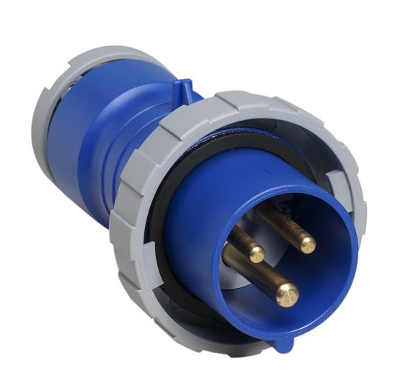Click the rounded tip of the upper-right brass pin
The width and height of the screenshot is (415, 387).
click(x=308, y=245)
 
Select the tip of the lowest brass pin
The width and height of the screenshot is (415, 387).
click(x=286, y=293)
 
